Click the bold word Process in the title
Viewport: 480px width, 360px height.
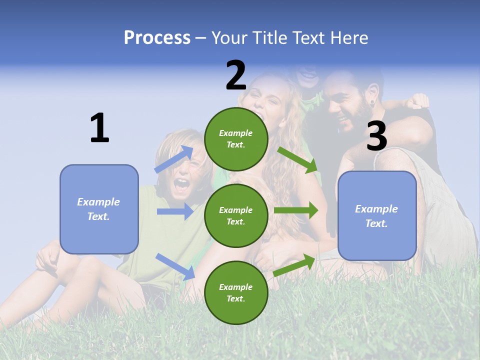click(x=157, y=38)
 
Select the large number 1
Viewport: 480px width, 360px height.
click(x=99, y=128)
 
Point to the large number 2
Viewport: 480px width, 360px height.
click(x=236, y=75)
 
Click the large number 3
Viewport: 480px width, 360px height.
click(x=376, y=136)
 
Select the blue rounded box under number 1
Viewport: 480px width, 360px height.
click(x=99, y=209)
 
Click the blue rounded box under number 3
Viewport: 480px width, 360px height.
click(x=377, y=216)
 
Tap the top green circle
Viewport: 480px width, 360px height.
click(x=236, y=139)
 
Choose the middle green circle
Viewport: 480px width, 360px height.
click(x=236, y=215)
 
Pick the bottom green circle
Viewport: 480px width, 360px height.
click(x=236, y=292)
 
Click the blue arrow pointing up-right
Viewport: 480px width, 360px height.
click(x=174, y=159)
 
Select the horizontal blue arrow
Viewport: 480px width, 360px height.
click(x=175, y=211)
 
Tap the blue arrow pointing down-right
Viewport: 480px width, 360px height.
click(x=175, y=266)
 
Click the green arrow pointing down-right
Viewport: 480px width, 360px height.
click(x=298, y=159)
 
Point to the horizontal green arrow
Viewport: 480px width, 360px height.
click(x=296, y=210)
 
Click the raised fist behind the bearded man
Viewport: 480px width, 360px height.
click(x=418, y=101)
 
